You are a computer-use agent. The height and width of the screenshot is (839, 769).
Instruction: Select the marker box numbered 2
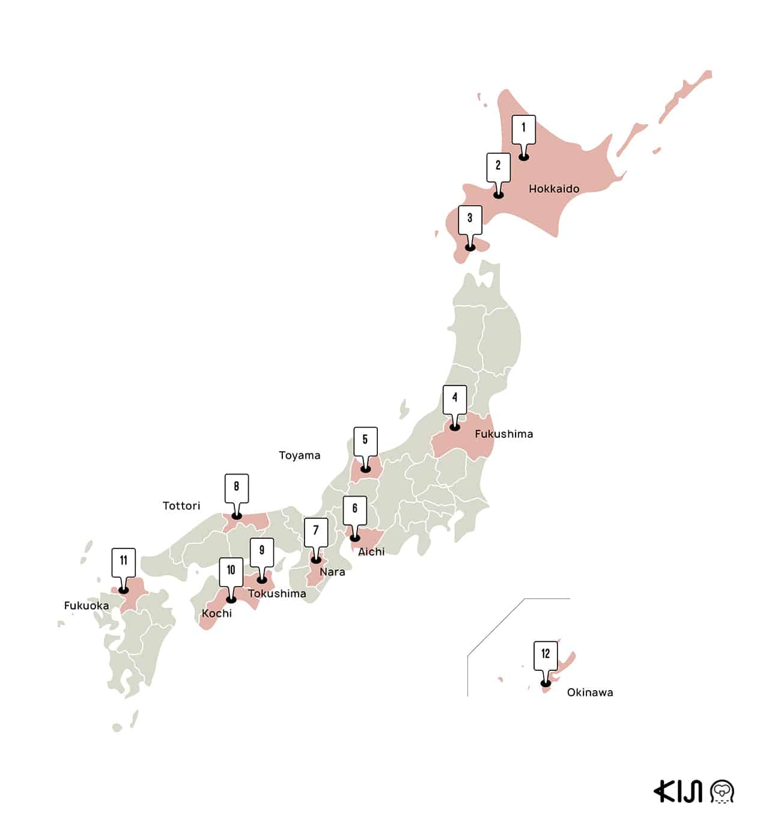498,166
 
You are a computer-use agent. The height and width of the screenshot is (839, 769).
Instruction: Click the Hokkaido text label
554,189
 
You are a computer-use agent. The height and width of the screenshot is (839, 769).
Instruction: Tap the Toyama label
299,455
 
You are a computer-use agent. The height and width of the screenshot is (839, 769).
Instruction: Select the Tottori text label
181,506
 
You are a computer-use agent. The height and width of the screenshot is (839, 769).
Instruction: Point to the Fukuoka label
87,605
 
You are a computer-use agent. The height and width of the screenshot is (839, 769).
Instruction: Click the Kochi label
216,613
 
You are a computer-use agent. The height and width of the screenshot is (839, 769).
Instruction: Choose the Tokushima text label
277,593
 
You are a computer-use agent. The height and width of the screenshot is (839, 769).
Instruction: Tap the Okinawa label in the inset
590,692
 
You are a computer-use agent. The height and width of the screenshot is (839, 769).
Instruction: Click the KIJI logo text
678,792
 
